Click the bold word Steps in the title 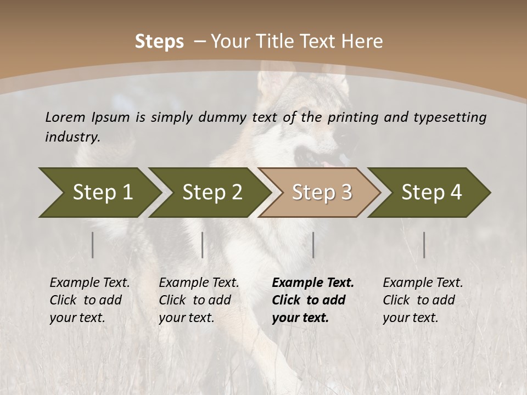pyautogui.click(x=159, y=41)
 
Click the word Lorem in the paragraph pyautogui.click(x=65, y=117)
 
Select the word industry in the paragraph pyautogui.click(x=72, y=137)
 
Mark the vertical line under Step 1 pyautogui.click(x=93, y=245)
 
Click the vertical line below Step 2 pyautogui.click(x=203, y=245)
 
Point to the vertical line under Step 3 pyautogui.click(x=313, y=245)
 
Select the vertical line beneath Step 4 pyautogui.click(x=424, y=245)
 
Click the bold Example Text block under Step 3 pyautogui.click(x=313, y=300)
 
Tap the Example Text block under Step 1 pyautogui.click(x=89, y=300)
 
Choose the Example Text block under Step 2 pyautogui.click(x=199, y=300)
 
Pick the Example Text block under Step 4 pyautogui.click(x=423, y=300)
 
